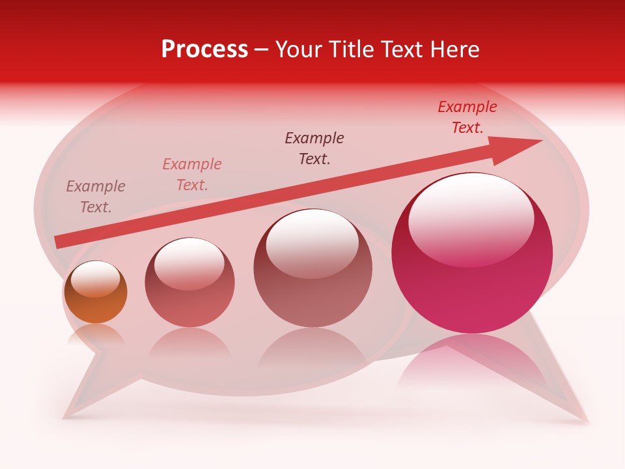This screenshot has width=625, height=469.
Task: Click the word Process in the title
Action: pyautogui.click(x=204, y=50)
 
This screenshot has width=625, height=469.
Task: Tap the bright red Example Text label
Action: pyautogui.click(x=467, y=117)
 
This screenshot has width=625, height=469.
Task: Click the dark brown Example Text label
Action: pyautogui.click(x=314, y=148)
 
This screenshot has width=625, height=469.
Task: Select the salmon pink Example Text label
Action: pyautogui.click(x=192, y=175)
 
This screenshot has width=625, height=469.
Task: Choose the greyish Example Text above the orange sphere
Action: pyautogui.click(x=96, y=197)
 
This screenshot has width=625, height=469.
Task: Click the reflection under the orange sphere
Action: pyautogui.click(x=95, y=335)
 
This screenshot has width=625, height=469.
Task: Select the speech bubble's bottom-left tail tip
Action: pyautogui.click(x=65, y=416)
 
